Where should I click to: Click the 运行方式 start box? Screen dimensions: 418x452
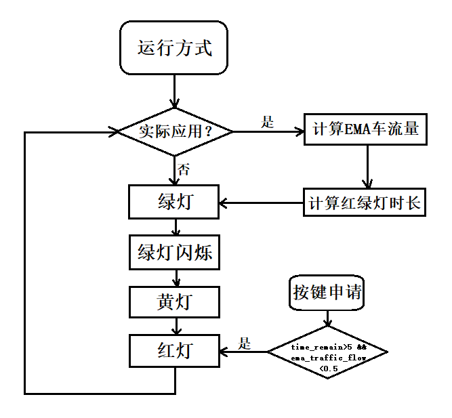(x=174, y=48)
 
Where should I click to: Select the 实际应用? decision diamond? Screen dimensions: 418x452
(x=176, y=131)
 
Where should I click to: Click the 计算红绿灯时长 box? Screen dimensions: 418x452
(x=365, y=203)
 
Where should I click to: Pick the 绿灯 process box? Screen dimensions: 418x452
(x=175, y=202)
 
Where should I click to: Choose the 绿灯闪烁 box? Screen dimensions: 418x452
(x=175, y=253)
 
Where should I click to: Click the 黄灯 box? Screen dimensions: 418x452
(x=175, y=302)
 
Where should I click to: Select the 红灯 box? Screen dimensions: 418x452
(x=175, y=352)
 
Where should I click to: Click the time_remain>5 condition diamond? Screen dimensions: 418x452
(x=328, y=352)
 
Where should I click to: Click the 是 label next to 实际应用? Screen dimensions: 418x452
(x=268, y=122)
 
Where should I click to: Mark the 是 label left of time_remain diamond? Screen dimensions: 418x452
(x=245, y=343)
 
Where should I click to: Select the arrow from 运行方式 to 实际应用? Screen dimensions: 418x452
(x=175, y=91)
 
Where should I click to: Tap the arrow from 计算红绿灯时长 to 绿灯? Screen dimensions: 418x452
(x=261, y=203)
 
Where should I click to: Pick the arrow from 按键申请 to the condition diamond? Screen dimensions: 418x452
(x=329, y=319)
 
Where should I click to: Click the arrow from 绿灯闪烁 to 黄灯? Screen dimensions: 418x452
(x=175, y=278)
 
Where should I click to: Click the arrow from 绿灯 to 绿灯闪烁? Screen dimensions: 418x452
(x=175, y=228)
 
